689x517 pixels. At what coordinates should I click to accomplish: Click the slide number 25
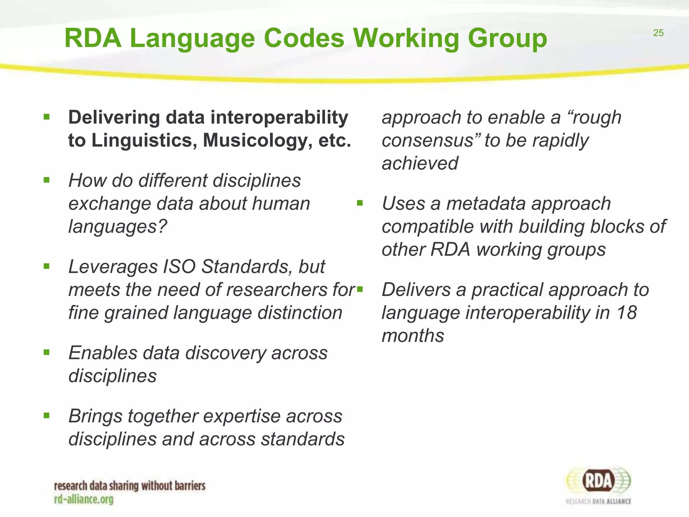click(658, 33)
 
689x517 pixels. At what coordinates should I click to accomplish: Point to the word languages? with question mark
click(117, 226)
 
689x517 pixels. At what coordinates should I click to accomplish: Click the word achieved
click(420, 163)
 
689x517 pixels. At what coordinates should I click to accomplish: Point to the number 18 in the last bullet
click(626, 313)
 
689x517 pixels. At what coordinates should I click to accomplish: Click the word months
click(413, 336)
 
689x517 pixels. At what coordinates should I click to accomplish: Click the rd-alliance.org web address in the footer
click(84, 499)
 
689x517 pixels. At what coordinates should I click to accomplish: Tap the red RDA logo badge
click(599, 481)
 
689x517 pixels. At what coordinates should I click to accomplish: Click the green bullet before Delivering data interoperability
click(47, 117)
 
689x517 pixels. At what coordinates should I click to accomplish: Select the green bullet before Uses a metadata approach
click(360, 203)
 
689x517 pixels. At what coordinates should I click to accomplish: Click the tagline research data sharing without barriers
click(130, 486)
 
